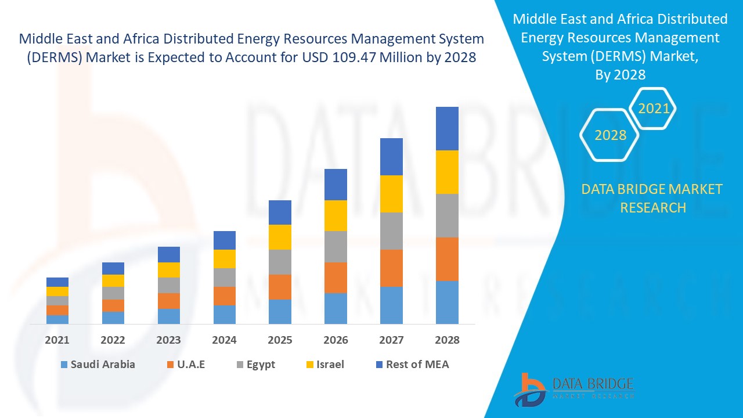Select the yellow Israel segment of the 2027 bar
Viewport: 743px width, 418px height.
(x=391, y=193)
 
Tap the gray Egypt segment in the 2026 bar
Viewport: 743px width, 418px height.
(x=336, y=247)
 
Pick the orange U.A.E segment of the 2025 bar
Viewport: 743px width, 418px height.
(x=280, y=287)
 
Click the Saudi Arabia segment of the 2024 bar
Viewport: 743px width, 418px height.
(x=225, y=314)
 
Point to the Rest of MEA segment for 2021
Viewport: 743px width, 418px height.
(x=57, y=282)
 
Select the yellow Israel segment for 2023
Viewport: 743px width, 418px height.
(x=169, y=270)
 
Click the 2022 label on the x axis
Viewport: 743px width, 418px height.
(x=113, y=340)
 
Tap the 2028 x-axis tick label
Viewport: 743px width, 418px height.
(x=447, y=340)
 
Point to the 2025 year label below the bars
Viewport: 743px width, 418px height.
(x=280, y=340)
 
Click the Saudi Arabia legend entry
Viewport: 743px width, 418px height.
(x=97, y=365)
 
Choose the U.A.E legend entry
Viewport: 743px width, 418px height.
(x=186, y=365)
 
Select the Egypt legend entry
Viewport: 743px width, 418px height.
(x=255, y=365)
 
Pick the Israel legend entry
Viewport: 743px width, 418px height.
(x=324, y=365)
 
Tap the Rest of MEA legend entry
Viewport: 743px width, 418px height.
(x=412, y=365)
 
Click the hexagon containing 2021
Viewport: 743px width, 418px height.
(x=654, y=109)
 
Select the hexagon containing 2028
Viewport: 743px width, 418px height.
(x=610, y=135)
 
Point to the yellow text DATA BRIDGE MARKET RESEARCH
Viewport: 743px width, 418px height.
(x=652, y=198)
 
